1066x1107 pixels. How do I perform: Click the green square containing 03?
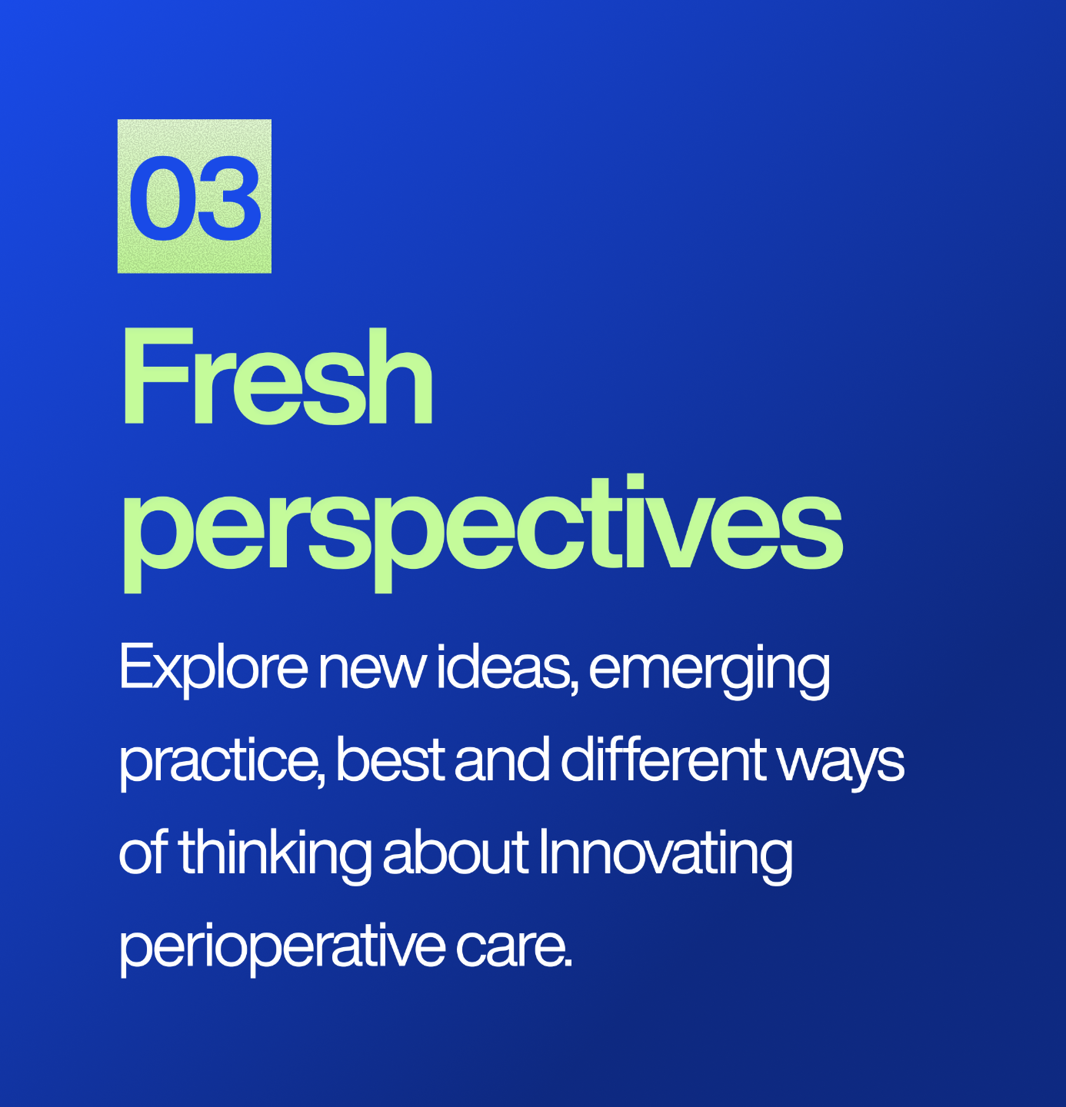pyautogui.click(x=194, y=196)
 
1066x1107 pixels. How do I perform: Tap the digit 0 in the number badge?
pyautogui.click(x=163, y=198)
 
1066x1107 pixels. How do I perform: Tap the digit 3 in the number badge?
pyautogui.click(x=228, y=198)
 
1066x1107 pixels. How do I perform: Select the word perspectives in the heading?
pyautogui.click(x=482, y=533)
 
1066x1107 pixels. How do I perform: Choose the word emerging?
pyautogui.click(x=708, y=671)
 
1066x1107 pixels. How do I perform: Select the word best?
pyautogui.click(x=390, y=760)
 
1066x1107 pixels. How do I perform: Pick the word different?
pyautogui.click(x=663, y=759)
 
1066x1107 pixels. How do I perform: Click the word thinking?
pyautogui.click(x=275, y=856)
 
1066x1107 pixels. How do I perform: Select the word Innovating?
pyautogui.click(x=665, y=856)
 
